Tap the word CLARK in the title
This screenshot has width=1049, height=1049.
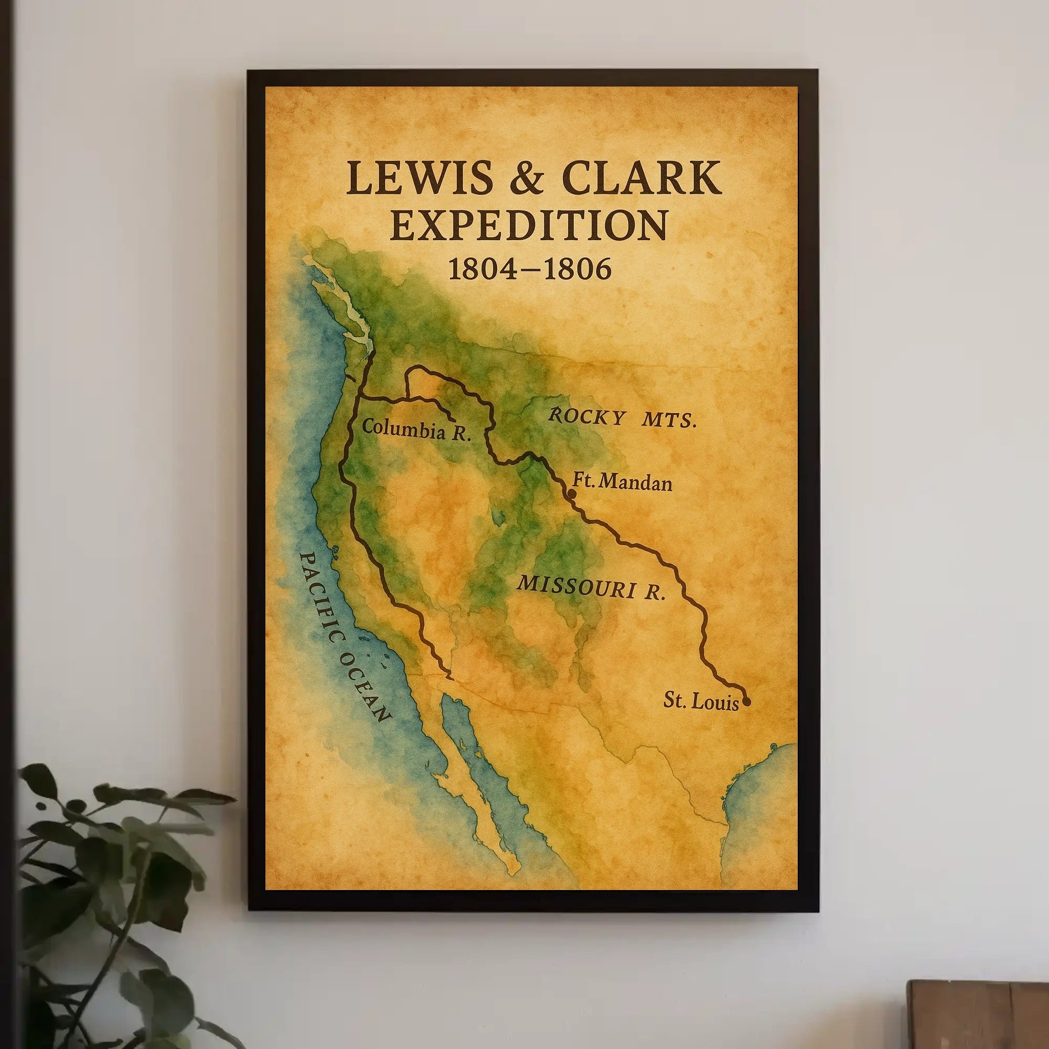click(642, 178)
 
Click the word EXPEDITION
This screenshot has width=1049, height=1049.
click(528, 226)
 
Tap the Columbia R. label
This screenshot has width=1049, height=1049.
click(416, 430)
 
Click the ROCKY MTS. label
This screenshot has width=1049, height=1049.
click(622, 418)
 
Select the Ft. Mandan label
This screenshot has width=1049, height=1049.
click(622, 481)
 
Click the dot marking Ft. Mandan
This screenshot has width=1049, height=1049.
click(571, 493)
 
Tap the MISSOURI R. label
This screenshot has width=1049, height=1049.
click(591, 587)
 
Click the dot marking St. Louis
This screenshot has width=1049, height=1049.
click(746, 701)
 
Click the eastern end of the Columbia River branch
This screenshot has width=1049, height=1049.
click(454, 419)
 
